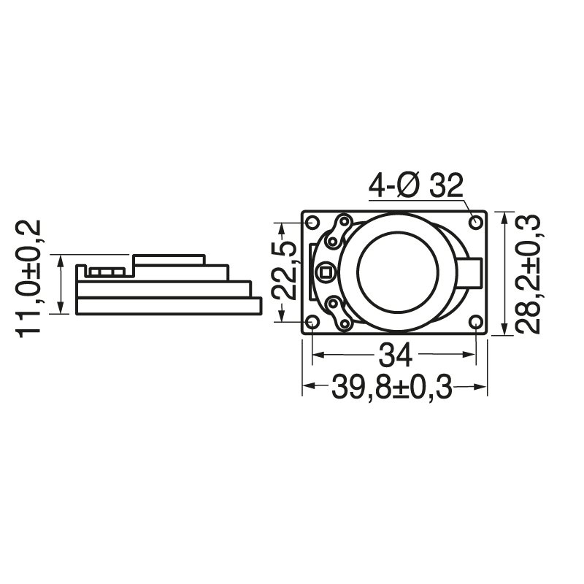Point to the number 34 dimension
pyautogui.click(x=395, y=357)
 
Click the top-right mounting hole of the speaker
pyautogui.click(x=477, y=222)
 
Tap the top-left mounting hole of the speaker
pyautogui.click(x=312, y=222)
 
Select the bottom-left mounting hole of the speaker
pyautogui.click(x=312, y=323)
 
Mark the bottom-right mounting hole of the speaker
pyautogui.click(x=477, y=323)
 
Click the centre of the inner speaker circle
pyautogui.click(x=397, y=272)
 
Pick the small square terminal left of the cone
pyautogui.click(x=326, y=273)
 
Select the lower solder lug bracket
pyautogui.click(x=338, y=312)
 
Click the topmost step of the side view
pyautogui.click(x=169, y=260)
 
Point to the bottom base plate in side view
pyautogui.click(x=169, y=306)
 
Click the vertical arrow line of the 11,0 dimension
pyautogui.click(x=61, y=285)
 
